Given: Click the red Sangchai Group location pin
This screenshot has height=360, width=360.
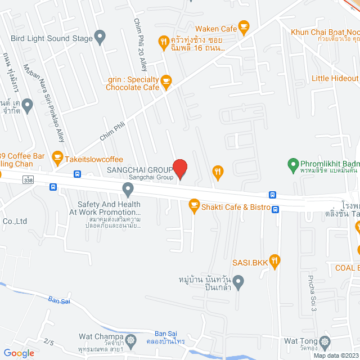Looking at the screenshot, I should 179,168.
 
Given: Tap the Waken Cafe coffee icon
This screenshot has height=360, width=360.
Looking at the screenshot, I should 244,26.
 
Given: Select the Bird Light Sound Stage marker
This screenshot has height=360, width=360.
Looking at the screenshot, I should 101,39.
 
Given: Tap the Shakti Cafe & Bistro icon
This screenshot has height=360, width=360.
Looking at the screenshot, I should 194,206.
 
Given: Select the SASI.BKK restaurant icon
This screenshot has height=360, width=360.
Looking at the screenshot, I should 274,260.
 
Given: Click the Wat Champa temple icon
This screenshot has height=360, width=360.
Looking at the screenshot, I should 132,340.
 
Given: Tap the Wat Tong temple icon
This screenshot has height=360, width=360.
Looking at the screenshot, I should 325,341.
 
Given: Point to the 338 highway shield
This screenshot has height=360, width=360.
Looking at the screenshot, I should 28,179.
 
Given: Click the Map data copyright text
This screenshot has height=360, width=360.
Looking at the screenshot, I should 336,355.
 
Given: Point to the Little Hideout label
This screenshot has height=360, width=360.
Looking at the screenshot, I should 335,79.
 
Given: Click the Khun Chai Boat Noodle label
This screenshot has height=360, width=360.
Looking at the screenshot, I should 325,32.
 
